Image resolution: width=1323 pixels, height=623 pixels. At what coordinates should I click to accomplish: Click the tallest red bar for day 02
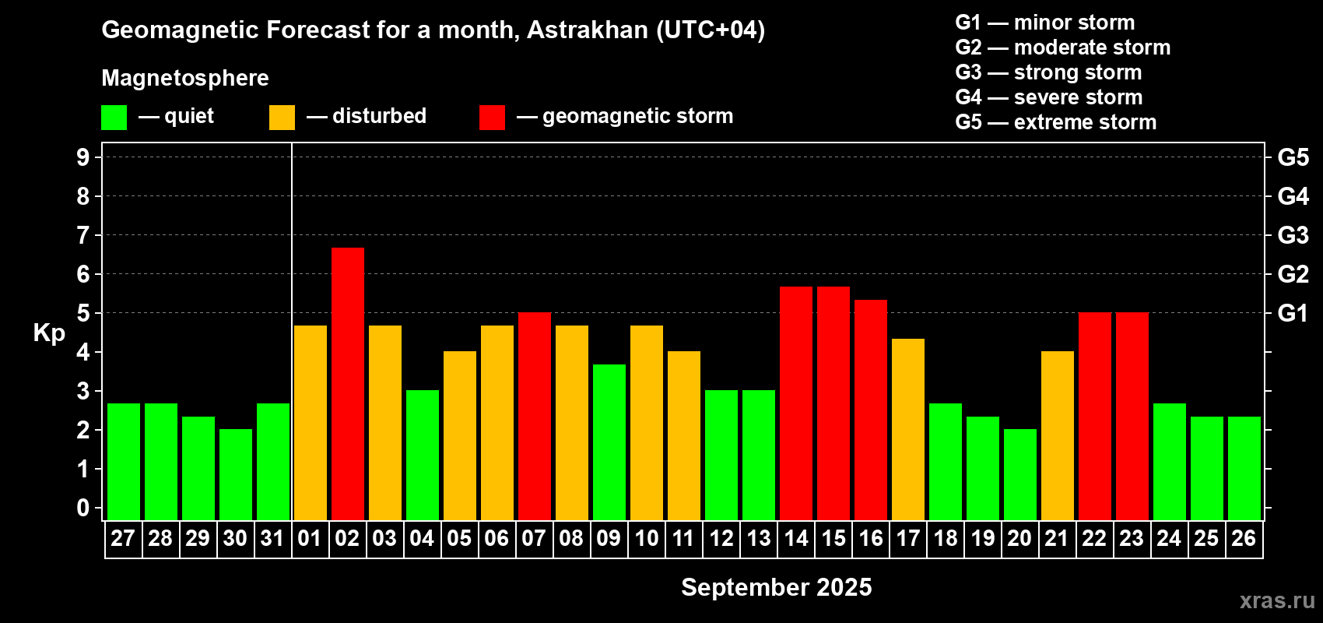coord(348,384)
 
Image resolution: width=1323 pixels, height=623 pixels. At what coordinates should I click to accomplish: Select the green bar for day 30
coord(236,474)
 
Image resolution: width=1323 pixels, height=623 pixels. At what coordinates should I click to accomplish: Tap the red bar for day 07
coord(535,416)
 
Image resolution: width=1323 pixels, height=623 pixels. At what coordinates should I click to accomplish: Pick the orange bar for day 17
coord(908,429)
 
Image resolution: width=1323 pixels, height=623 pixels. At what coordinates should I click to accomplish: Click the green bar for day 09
coord(609,442)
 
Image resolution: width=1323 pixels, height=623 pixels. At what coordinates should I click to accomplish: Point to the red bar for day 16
coord(871,410)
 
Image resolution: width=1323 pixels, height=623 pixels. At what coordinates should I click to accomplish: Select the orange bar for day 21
coord(1058,435)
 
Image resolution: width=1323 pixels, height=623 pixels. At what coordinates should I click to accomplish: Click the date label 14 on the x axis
coord(796,538)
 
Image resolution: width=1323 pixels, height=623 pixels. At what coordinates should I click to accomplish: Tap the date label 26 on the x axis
coord(1244,538)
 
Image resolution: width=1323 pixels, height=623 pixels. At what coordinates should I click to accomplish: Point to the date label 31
coord(272,538)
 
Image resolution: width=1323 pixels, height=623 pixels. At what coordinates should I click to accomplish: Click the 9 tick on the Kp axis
coord(82,157)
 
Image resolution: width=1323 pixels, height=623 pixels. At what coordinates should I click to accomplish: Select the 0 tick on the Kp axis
coord(82,508)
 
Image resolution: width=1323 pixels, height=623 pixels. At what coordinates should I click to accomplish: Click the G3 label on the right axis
coord(1293,235)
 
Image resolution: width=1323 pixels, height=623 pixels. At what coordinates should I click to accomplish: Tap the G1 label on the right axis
coord(1293,313)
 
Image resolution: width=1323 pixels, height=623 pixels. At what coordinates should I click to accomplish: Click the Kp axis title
coord(49,333)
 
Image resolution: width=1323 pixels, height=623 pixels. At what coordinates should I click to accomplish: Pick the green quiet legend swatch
coord(114,118)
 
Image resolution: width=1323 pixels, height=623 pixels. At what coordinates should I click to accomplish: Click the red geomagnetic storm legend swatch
coord(493,118)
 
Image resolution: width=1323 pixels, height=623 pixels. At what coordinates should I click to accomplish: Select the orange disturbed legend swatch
coord(282,118)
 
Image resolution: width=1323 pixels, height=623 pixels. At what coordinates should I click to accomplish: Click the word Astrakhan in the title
coord(588,30)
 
